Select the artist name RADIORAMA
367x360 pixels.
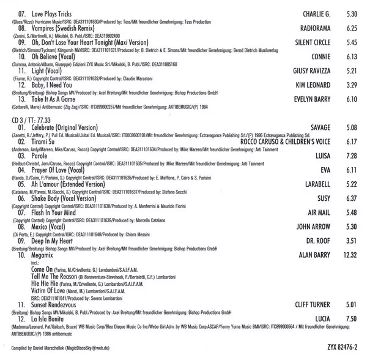[x=313, y=28]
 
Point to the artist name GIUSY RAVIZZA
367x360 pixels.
[x=310, y=71]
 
